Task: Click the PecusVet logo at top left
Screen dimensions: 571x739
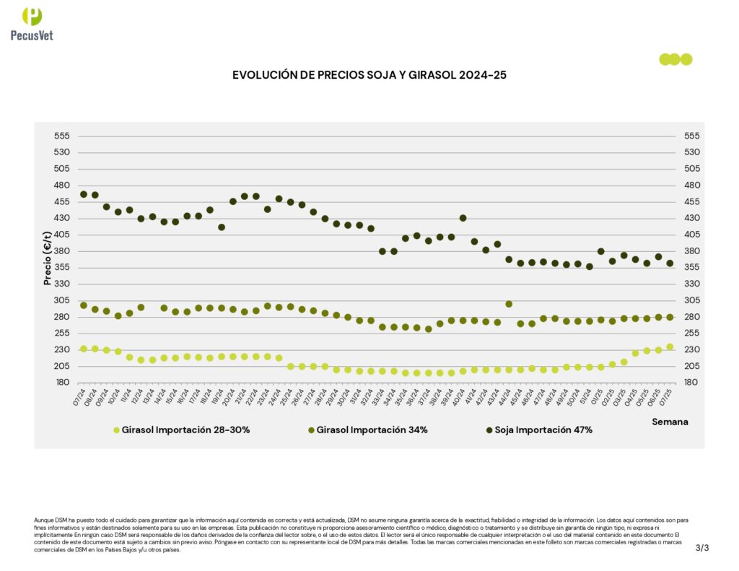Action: coord(32,23)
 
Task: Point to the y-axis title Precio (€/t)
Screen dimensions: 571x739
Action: coord(48,259)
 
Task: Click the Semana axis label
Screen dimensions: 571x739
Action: coord(670,421)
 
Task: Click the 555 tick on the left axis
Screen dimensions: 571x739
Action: coord(62,136)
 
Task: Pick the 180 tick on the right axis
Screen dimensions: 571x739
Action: coord(691,383)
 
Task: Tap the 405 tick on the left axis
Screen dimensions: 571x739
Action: coord(62,235)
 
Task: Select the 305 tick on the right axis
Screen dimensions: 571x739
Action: coord(691,300)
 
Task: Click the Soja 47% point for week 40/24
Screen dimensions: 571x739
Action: coord(463,218)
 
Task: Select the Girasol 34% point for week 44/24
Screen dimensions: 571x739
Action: coord(509,304)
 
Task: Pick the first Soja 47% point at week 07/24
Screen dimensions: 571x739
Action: coord(84,194)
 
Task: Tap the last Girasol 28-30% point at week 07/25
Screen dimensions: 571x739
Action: coord(670,346)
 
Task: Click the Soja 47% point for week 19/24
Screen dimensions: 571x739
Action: coord(222,227)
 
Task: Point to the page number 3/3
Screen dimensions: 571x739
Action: coord(702,548)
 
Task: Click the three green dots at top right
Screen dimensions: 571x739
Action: coord(675,59)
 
